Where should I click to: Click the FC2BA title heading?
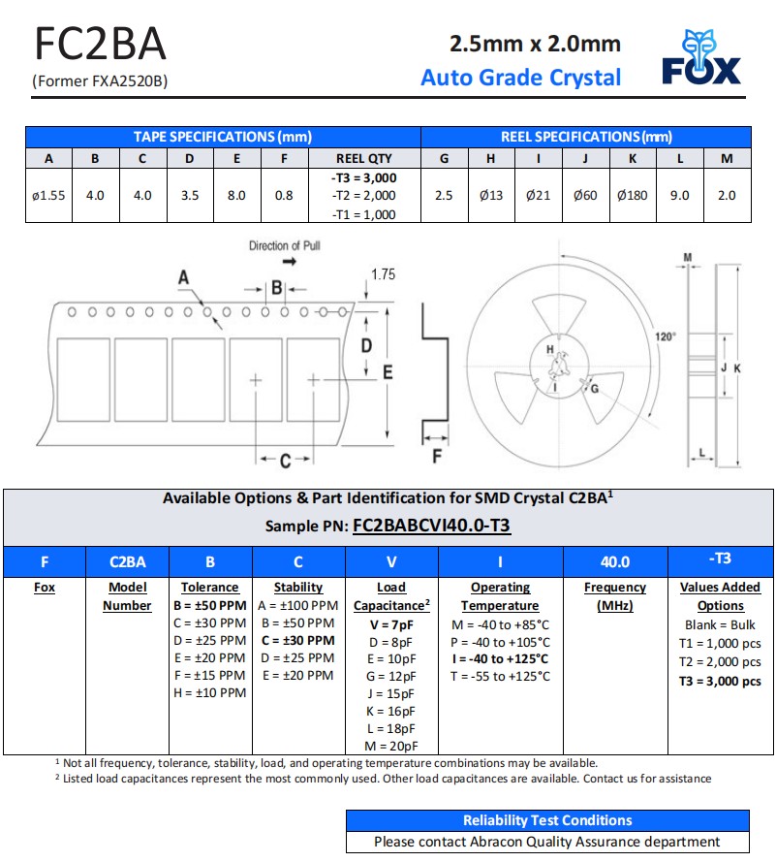pos(100,45)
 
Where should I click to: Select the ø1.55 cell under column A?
pos(48,195)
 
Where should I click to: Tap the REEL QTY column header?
pos(364,158)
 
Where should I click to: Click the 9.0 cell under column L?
pos(680,195)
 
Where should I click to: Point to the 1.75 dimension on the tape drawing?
pos(384,274)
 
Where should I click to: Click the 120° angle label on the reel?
pos(665,336)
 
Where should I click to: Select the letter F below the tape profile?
pos(436,456)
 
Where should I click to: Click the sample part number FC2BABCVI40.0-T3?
pos(431,526)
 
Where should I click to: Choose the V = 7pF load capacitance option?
pos(391,624)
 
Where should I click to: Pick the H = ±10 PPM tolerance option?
pos(209,692)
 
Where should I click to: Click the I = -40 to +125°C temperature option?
pos(500,659)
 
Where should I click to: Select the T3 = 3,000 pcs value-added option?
pos(720,681)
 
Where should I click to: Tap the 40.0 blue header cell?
pos(614,561)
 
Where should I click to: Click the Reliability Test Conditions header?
pos(547,820)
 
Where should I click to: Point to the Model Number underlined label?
pos(127,596)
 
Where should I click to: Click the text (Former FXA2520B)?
pos(100,81)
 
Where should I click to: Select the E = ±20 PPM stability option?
pos(297,675)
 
